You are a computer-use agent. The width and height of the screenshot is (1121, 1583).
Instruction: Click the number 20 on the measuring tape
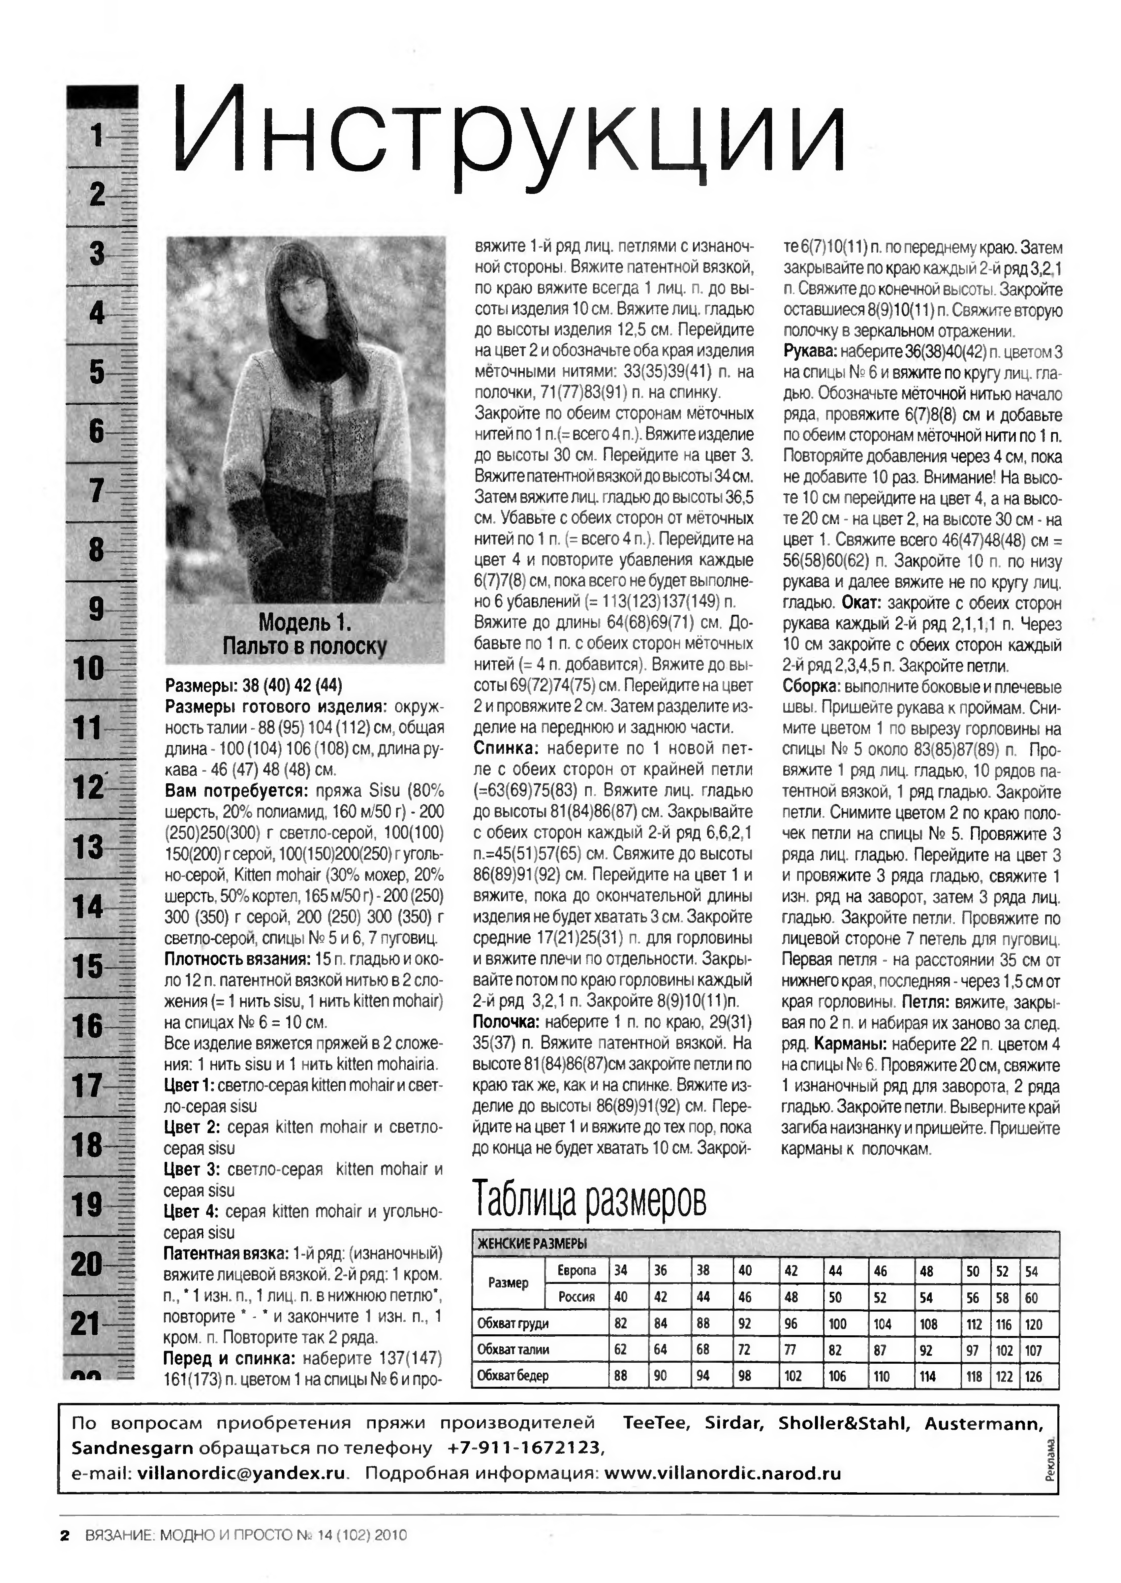point(87,1264)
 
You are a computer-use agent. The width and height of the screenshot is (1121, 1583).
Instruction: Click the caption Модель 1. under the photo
point(304,623)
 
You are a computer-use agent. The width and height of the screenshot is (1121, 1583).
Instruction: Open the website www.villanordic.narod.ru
point(722,1473)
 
